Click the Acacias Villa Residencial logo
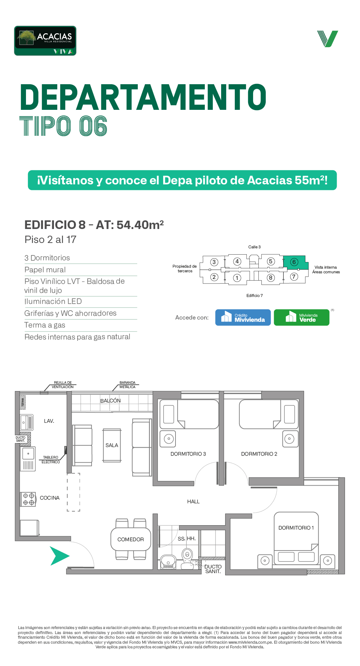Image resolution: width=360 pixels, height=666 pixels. pyautogui.click(x=45, y=41)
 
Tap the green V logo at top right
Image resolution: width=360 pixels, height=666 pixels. pyautogui.click(x=328, y=39)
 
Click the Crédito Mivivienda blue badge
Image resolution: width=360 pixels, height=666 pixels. pyautogui.click(x=243, y=318)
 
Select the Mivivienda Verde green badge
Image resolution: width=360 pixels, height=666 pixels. pyautogui.click(x=301, y=318)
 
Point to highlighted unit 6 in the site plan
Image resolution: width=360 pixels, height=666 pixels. pyautogui.click(x=295, y=262)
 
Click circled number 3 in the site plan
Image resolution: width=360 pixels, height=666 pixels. pyautogui.click(x=214, y=262)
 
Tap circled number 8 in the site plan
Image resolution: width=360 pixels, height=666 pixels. pyautogui.click(x=271, y=278)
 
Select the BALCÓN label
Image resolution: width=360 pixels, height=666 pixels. pyautogui.click(x=111, y=401)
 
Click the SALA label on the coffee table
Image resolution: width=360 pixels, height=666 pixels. pyautogui.click(x=112, y=445)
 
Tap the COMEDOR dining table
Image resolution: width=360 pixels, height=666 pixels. pyautogui.click(x=131, y=539)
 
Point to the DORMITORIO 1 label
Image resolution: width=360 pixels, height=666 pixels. pyautogui.click(x=296, y=528)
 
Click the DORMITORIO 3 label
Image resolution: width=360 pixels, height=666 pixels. pyautogui.click(x=188, y=454)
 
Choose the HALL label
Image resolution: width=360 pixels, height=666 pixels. pyautogui.click(x=193, y=502)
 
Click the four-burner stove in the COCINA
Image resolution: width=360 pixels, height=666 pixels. pyautogui.click(x=28, y=499)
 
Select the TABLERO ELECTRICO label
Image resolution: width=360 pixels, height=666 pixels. pyautogui.click(x=51, y=460)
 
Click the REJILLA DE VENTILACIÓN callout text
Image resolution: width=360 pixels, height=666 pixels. pyautogui.click(x=63, y=385)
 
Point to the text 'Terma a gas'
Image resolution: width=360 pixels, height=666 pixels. pyautogui.click(x=45, y=325)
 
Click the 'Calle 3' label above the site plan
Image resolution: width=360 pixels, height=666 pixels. pyautogui.click(x=254, y=247)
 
